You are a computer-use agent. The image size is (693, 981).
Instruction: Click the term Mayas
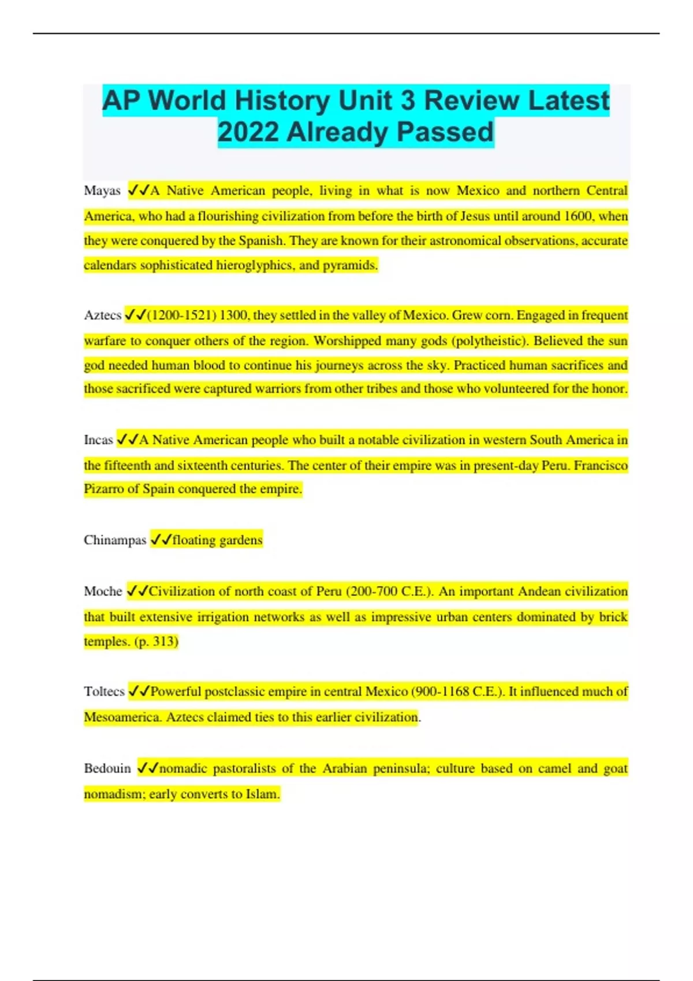[x=102, y=191]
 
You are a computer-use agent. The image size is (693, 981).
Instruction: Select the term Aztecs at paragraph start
[x=102, y=316]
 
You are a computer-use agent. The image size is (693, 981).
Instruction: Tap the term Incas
[x=98, y=440]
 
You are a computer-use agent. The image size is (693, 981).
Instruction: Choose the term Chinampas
[x=115, y=541]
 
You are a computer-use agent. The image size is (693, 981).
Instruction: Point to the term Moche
[x=103, y=591]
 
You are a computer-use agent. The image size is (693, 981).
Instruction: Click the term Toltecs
[x=104, y=692]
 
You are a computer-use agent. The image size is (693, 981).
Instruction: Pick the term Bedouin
[x=107, y=769]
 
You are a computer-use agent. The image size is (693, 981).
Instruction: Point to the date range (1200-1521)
[x=182, y=316]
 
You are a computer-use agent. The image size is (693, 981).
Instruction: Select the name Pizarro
[x=103, y=489]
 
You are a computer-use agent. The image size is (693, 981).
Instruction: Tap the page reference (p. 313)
[x=156, y=642]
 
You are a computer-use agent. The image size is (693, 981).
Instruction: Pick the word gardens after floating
[x=241, y=541]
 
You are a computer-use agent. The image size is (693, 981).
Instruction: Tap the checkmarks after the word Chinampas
[x=161, y=541]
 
